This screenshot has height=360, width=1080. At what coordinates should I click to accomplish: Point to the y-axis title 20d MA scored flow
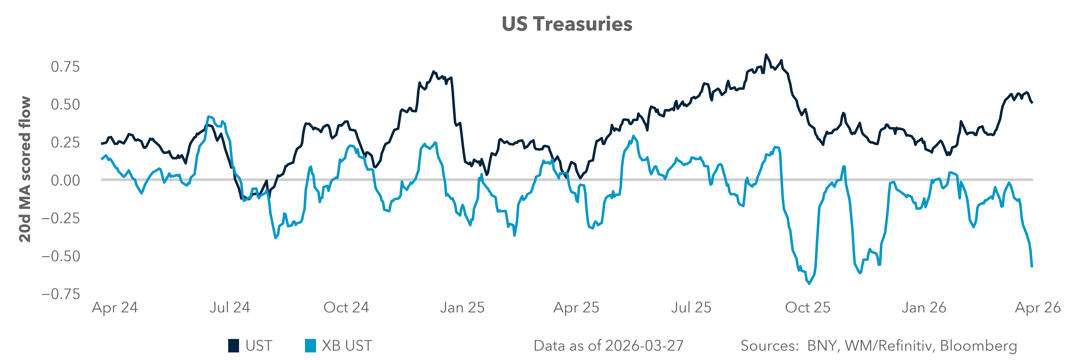pyautogui.click(x=25, y=169)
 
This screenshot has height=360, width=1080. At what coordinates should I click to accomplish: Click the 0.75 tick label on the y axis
pyautogui.click(x=65, y=67)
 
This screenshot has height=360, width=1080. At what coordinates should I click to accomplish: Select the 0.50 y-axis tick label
pyautogui.click(x=65, y=104)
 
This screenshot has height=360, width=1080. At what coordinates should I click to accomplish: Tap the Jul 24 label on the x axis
pyautogui.click(x=230, y=308)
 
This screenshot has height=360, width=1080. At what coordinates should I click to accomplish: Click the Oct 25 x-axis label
pyautogui.click(x=807, y=308)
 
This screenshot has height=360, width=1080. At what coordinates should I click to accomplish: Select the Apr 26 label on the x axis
pyautogui.click(x=1038, y=308)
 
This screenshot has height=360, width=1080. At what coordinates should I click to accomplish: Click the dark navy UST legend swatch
pyautogui.click(x=234, y=346)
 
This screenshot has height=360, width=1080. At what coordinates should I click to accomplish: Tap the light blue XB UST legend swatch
pyautogui.click(x=310, y=346)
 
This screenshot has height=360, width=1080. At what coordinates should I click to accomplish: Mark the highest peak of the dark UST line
pyautogui.click(x=766, y=55)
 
